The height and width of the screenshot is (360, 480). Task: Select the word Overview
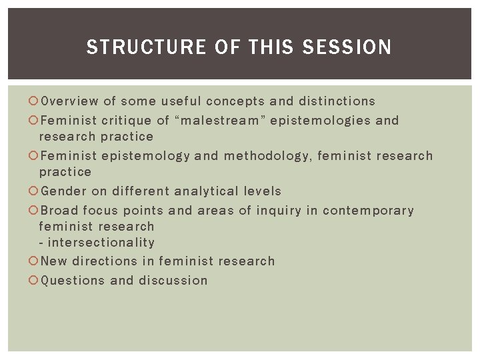pyautogui.click(x=69, y=101)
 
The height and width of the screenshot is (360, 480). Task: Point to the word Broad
pyautogui.click(x=60, y=211)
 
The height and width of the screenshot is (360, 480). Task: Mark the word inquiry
pyautogui.click(x=279, y=211)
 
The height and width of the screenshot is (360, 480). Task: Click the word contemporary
pyautogui.click(x=368, y=211)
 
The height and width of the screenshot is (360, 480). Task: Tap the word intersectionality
pyautogui.click(x=101, y=243)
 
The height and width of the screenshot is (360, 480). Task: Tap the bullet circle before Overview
pyautogui.click(x=35, y=102)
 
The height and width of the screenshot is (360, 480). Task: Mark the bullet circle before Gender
pyautogui.click(x=35, y=192)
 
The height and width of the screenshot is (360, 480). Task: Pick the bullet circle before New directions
pyautogui.click(x=35, y=262)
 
